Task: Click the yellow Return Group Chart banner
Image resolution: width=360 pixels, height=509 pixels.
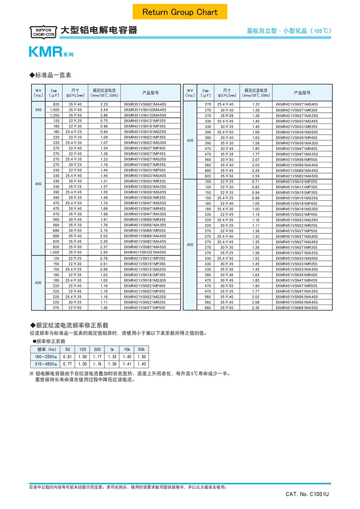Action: pos(180,12)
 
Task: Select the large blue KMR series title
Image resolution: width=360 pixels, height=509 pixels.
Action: pos(45,52)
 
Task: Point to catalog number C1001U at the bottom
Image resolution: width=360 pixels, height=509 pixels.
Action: pos(307,494)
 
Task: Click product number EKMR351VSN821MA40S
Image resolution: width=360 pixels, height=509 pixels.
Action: pos(145,104)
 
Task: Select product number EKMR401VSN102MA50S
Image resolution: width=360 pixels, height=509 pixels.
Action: pos(145,252)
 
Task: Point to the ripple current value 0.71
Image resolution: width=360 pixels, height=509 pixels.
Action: pos(256,182)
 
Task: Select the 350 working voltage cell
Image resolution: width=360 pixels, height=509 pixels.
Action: pos(38,110)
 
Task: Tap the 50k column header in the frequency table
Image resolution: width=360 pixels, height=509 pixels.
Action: pos(141,349)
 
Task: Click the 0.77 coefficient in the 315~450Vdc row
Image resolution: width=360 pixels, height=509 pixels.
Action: pos(67,364)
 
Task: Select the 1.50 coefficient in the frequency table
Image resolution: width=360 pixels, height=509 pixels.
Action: pos(141,357)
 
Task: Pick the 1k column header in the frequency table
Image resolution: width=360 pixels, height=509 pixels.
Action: pos(112,349)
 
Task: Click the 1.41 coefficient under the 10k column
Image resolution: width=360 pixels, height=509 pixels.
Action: pos(127,364)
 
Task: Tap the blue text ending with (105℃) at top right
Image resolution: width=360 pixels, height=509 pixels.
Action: pos(289,31)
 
